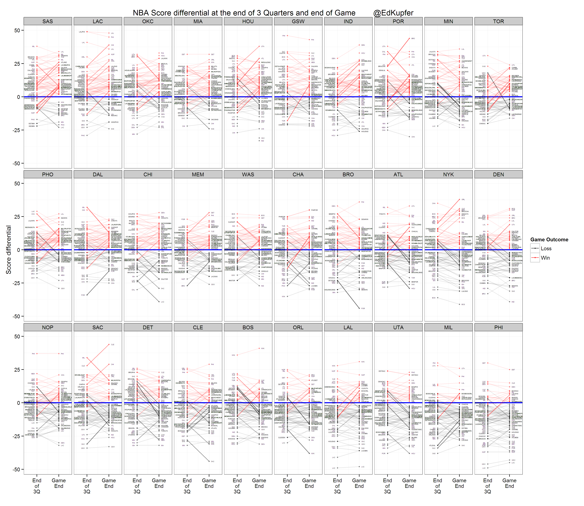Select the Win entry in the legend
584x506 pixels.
click(x=545, y=258)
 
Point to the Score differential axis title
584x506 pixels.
click(x=9, y=250)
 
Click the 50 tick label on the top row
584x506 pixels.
click(x=17, y=30)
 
